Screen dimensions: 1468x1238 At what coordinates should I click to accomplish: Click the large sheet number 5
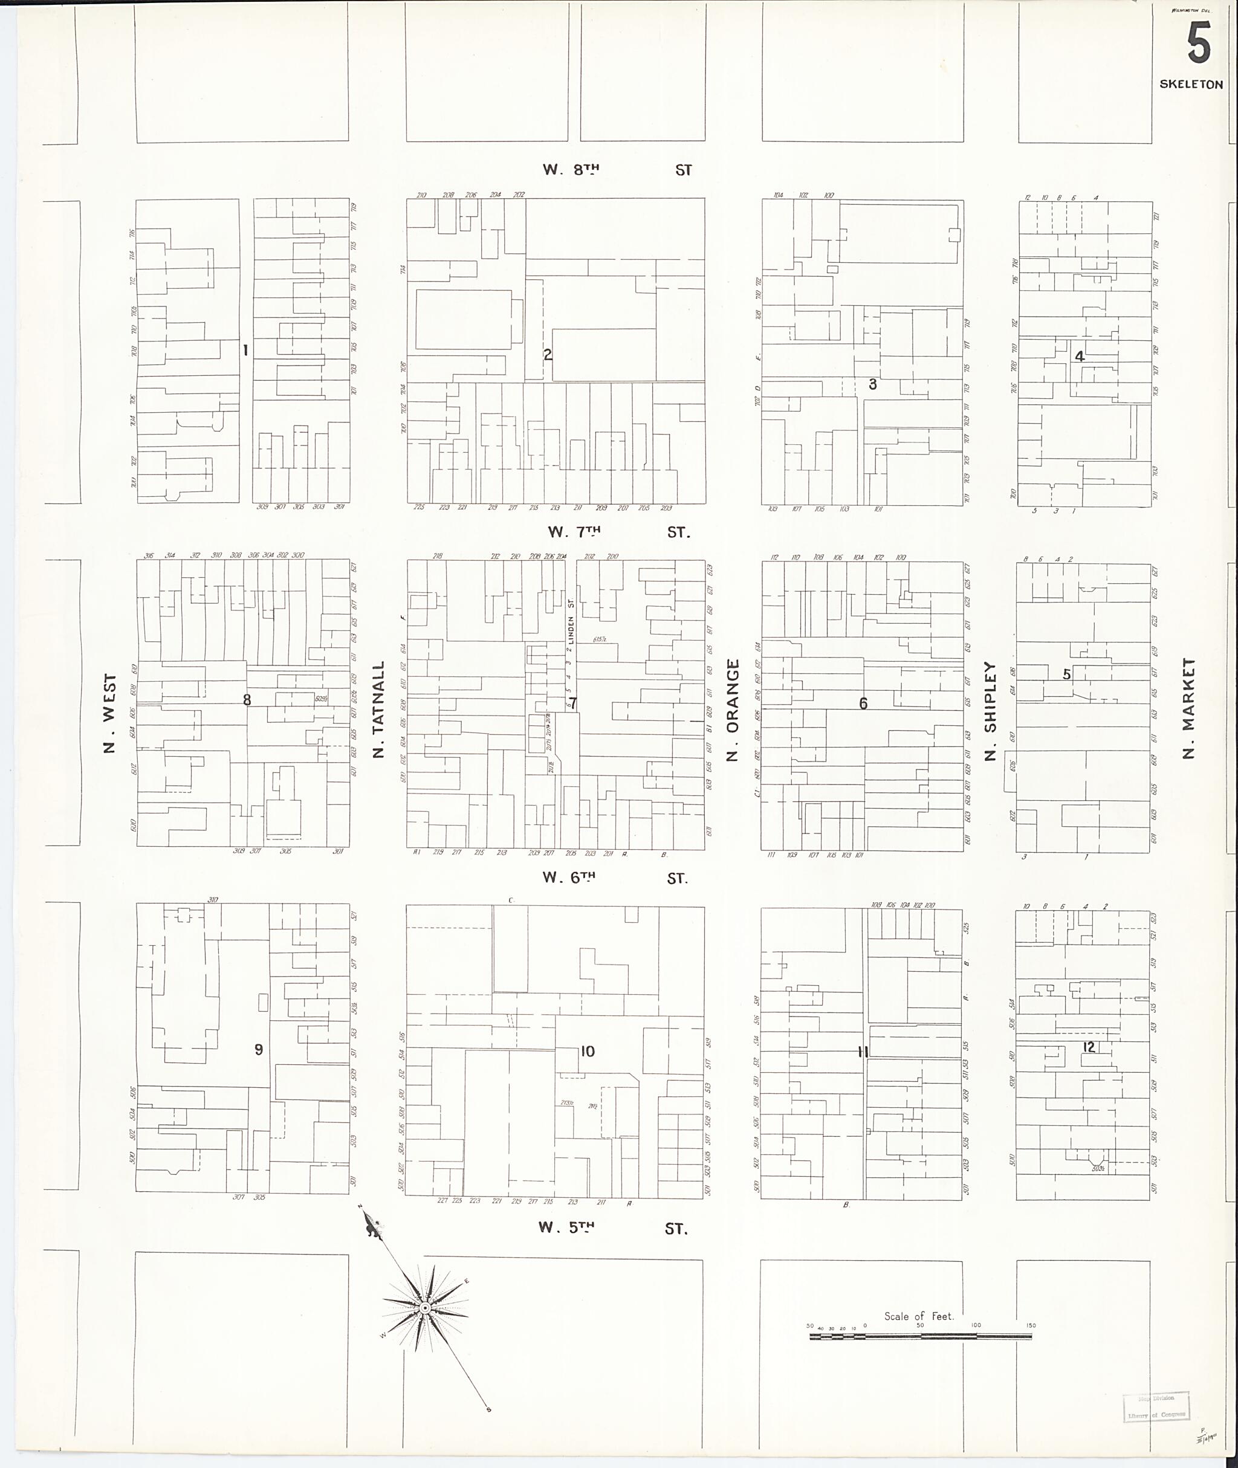pos(1199,43)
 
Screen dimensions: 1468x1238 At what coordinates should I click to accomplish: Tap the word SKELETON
pos(1191,84)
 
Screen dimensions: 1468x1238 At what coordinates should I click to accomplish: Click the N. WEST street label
pos(109,714)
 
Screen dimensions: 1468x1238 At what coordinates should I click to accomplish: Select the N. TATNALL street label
pos(379,709)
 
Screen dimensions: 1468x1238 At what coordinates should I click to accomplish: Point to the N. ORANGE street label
pos(733,710)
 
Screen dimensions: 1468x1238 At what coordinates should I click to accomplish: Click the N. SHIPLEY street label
pos(990,711)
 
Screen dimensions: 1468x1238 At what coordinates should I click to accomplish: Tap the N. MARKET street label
pos(1188,708)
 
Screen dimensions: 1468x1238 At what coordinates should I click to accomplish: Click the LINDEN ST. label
pos(571,622)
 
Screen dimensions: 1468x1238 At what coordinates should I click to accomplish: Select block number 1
pos(245,350)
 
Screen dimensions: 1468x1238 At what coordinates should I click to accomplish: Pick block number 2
pos(548,354)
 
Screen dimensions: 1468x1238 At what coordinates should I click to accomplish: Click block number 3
pos(872,384)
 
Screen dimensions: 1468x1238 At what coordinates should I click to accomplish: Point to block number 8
pos(247,700)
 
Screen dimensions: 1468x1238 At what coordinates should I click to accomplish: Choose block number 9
pos(258,1050)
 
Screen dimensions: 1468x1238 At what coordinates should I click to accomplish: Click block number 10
pos(588,1050)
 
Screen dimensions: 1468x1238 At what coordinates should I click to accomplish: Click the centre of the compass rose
pos(426,1308)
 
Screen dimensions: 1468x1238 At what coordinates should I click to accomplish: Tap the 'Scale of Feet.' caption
pos(919,1316)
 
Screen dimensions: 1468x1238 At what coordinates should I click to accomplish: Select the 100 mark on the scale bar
pos(976,1325)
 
